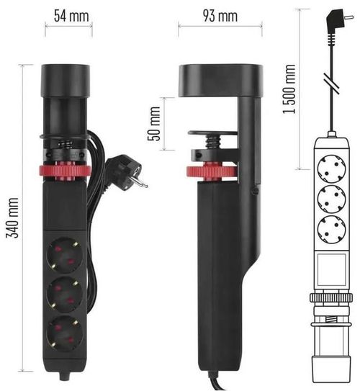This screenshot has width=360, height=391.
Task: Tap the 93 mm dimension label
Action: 217,14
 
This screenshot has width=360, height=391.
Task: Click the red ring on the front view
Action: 66,174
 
